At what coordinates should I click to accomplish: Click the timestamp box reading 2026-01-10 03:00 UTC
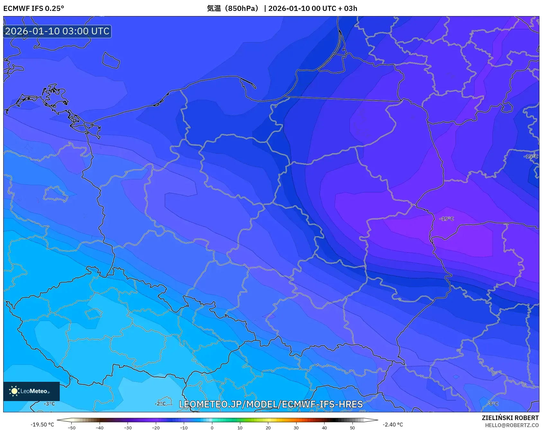(57, 31)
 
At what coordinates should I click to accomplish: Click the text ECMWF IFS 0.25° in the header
(33, 8)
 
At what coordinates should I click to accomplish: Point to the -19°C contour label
(447, 219)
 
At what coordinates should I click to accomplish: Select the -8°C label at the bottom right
(493, 404)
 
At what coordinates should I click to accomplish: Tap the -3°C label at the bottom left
(49, 404)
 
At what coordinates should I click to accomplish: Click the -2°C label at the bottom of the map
(160, 404)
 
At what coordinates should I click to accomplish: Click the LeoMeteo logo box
(31, 391)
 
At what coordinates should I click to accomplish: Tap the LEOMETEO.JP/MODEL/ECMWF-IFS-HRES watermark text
(271, 404)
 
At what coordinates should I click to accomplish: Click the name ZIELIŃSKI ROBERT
(510, 418)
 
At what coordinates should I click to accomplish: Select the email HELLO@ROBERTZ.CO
(511, 425)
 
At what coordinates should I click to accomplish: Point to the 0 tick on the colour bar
(212, 428)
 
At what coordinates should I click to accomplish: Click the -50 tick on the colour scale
(72, 428)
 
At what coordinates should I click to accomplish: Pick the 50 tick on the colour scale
(352, 428)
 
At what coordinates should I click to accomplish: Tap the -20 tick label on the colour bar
(156, 428)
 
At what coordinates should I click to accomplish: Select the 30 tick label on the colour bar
(296, 428)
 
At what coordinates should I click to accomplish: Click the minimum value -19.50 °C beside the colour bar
(42, 425)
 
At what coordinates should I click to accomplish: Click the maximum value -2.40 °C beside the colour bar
(393, 425)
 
